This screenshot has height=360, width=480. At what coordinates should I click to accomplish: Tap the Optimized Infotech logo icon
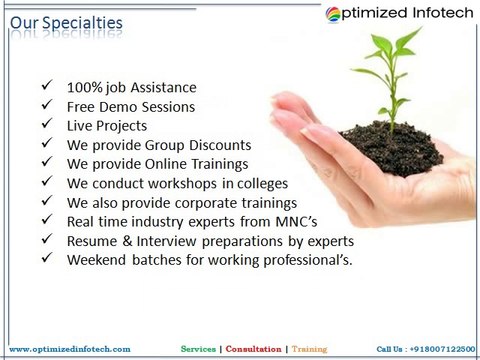[x=335, y=15]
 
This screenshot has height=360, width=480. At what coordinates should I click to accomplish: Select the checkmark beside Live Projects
[x=47, y=125]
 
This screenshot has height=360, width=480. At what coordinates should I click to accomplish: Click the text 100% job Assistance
[x=132, y=87]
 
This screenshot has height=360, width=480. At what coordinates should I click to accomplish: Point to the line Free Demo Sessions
[x=131, y=106]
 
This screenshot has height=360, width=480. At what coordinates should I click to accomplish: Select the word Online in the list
[x=167, y=163]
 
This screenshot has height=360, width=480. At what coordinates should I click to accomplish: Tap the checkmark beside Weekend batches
[x=47, y=259]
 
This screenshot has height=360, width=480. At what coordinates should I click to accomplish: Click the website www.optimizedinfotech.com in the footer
[x=70, y=348]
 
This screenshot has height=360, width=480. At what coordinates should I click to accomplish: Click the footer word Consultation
[x=254, y=348]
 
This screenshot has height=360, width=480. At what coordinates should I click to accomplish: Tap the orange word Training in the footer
[x=309, y=348]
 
